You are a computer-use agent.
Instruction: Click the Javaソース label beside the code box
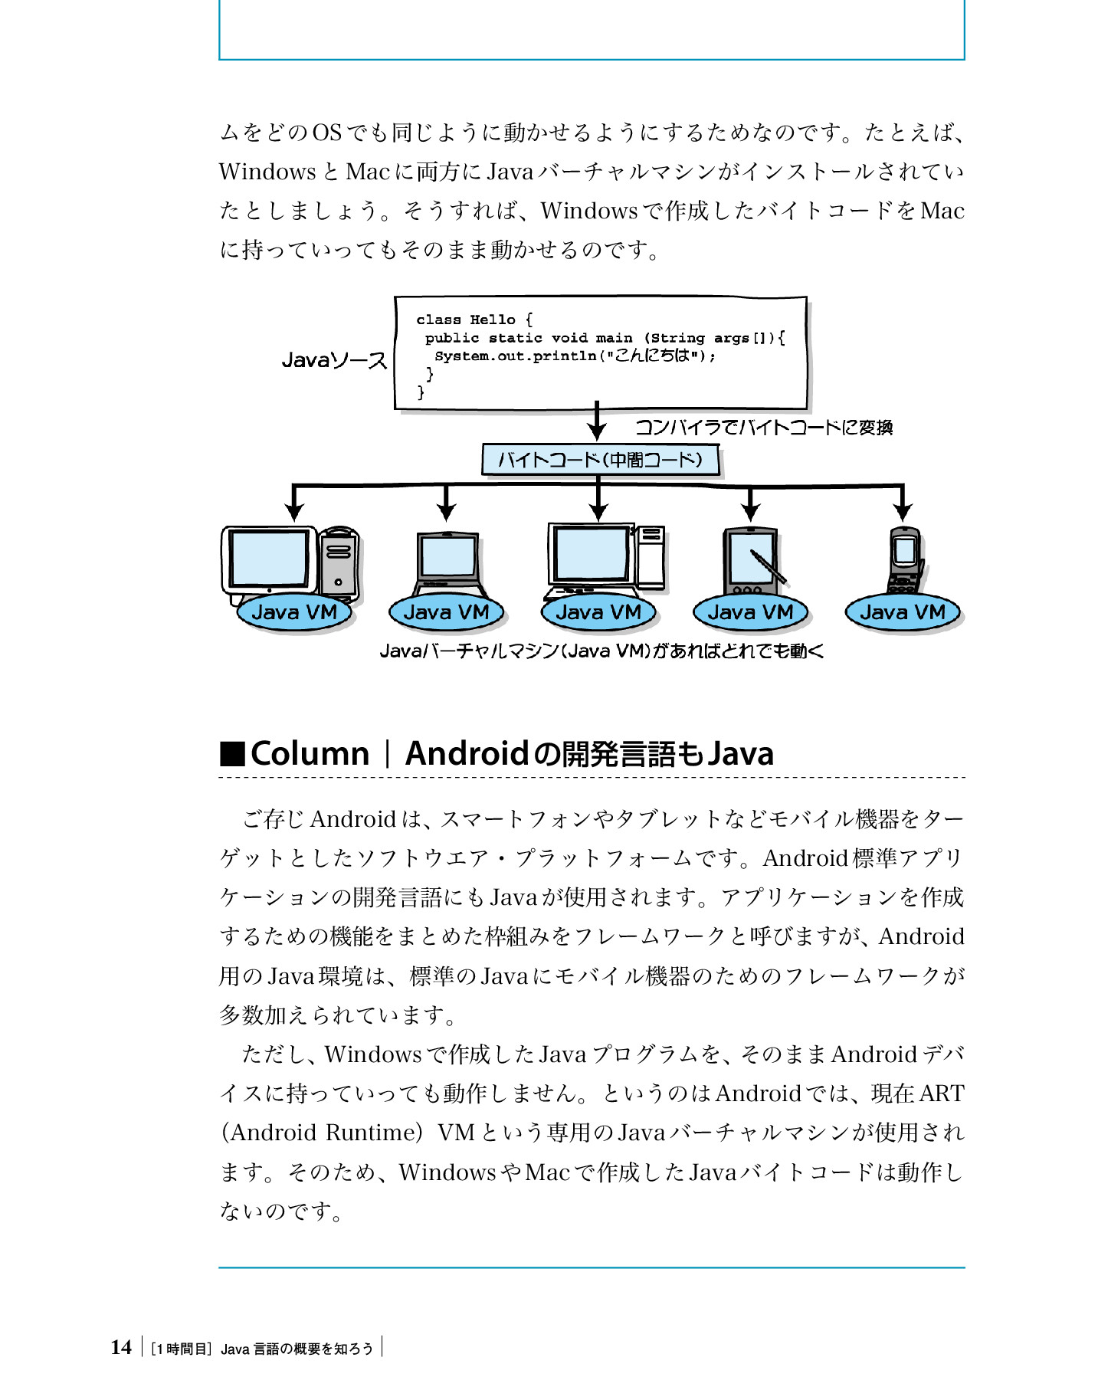tap(334, 359)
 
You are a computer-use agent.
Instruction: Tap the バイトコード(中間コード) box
tap(600, 460)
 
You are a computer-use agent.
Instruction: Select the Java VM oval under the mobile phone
tap(902, 612)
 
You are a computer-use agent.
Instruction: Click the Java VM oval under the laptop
tap(445, 612)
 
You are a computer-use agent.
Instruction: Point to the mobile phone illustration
tap(905, 559)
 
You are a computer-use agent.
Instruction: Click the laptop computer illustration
tap(448, 562)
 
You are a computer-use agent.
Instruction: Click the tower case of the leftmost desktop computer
tap(339, 562)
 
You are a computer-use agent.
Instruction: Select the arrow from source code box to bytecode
tap(597, 421)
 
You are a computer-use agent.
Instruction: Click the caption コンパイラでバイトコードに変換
tap(764, 428)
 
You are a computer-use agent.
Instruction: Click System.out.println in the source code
tap(515, 356)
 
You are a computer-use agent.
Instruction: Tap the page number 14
tap(121, 1347)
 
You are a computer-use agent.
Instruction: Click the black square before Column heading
tap(231, 754)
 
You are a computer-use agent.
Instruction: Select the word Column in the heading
tap(310, 754)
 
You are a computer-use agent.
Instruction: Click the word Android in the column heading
tap(467, 754)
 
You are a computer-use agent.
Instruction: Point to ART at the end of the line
tap(941, 1093)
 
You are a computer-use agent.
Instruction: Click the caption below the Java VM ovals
tap(601, 651)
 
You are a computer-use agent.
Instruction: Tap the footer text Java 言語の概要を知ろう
tap(297, 1349)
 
